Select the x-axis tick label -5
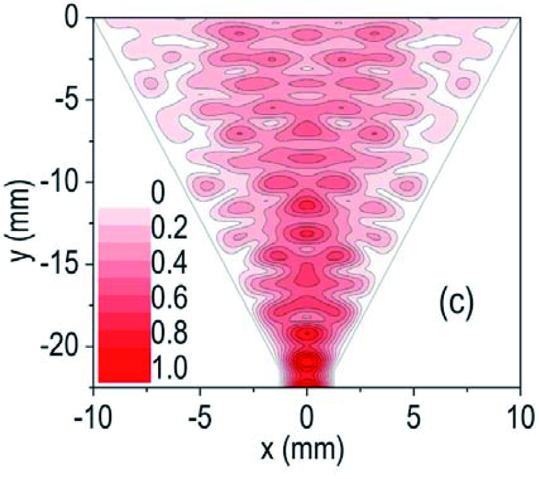point(200,418)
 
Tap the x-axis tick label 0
point(307,418)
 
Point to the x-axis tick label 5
point(414,418)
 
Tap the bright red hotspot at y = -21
point(307,362)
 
